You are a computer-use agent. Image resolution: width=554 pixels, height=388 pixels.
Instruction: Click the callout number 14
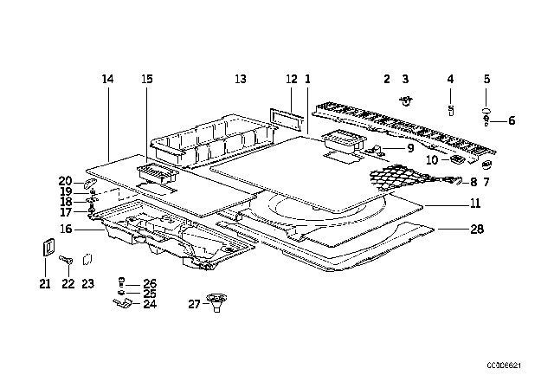click(x=107, y=79)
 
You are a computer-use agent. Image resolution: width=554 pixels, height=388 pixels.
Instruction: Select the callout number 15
click(x=146, y=79)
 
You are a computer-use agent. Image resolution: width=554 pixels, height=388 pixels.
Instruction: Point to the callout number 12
click(x=291, y=79)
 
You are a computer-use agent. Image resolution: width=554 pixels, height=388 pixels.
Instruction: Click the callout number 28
click(x=478, y=229)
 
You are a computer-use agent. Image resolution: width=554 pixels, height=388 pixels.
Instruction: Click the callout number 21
click(x=42, y=283)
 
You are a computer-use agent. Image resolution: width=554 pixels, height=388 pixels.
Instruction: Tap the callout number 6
click(x=511, y=120)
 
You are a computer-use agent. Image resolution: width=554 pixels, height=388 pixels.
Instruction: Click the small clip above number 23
click(x=87, y=258)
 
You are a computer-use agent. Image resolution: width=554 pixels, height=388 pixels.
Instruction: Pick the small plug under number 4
click(x=451, y=109)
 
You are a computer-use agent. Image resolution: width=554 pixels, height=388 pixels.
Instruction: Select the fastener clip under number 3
click(x=404, y=100)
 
